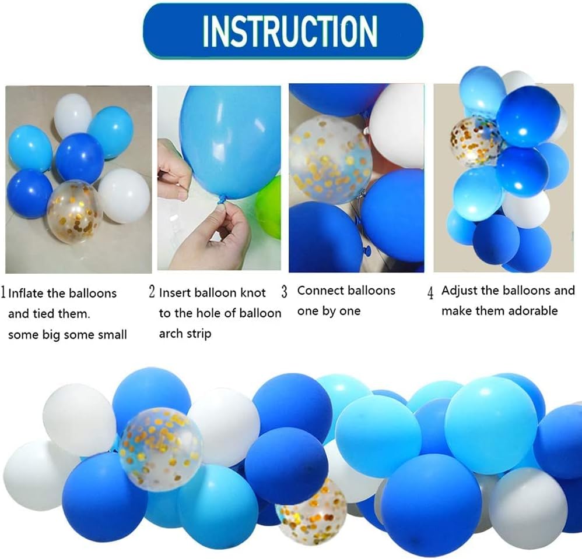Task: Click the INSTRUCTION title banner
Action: pyautogui.click(x=283, y=31)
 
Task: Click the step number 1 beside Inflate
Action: pyautogui.click(x=3, y=293)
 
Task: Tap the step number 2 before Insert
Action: pyautogui.click(x=152, y=292)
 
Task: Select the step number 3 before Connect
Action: pyautogui.click(x=285, y=292)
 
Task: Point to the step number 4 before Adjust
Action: pyautogui.click(x=430, y=293)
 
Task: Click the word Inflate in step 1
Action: pyautogui.click(x=26, y=293)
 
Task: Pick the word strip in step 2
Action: pyautogui.click(x=198, y=334)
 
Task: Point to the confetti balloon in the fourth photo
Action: pyautogui.click(x=474, y=141)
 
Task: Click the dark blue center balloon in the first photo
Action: pyautogui.click(x=80, y=158)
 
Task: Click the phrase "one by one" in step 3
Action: pyautogui.click(x=329, y=311)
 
